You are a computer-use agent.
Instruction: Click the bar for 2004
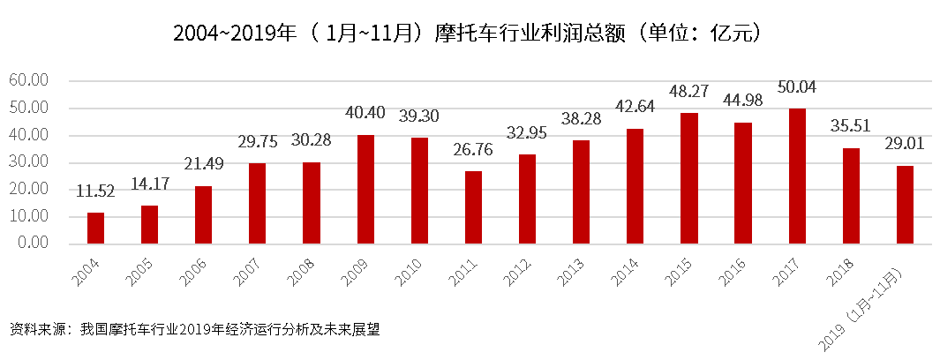95,228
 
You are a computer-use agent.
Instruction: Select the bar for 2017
797,176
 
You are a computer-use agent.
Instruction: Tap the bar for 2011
473,207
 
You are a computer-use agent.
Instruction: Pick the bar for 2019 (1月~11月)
905,205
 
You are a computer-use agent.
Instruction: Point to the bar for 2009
365,189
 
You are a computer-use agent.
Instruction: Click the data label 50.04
797,88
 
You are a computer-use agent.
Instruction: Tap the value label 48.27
688,93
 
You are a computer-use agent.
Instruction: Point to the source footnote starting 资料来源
195,329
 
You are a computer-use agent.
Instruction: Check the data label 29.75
258,143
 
